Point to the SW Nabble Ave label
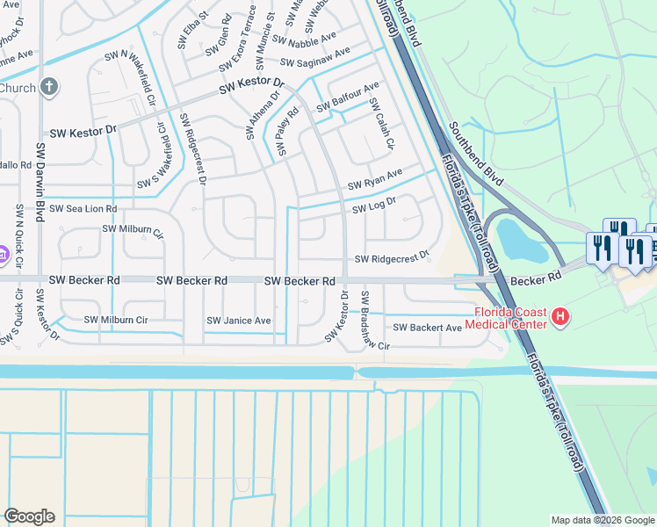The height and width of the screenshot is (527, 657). click(304, 40)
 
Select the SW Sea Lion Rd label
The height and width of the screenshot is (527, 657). click(83, 209)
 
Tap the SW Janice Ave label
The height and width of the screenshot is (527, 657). click(239, 321)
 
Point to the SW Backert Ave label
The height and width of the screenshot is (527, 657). click(427, 328)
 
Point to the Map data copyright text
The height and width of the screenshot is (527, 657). click(603, 520)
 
